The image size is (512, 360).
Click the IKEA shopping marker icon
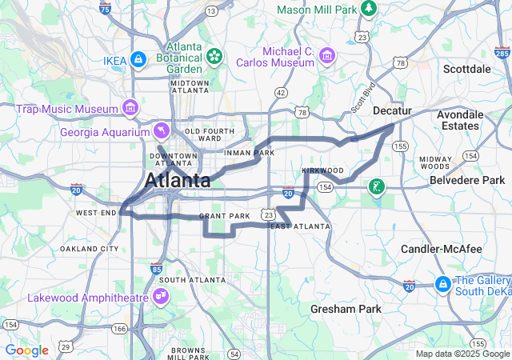pos(138,59)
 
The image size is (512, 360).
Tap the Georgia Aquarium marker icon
pos(162,130)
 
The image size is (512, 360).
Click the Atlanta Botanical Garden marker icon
pos(214,56)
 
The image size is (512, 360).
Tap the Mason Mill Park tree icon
pos(368,9)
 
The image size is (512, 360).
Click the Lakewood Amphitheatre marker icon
pos(162,297)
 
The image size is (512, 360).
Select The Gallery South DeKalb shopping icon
pos(442,284)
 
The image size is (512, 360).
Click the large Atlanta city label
pos(178,180)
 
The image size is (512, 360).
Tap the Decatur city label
pos(392,110)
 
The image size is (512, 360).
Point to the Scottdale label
pos(466,69)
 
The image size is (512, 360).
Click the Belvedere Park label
pos(467,180)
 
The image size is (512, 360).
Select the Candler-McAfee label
pos(442,249)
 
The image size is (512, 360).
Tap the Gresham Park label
pos(346,308)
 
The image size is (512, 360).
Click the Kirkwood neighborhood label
pos(323,170)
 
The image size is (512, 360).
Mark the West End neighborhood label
pos(96,212)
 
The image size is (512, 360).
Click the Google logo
pos(26,350)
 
